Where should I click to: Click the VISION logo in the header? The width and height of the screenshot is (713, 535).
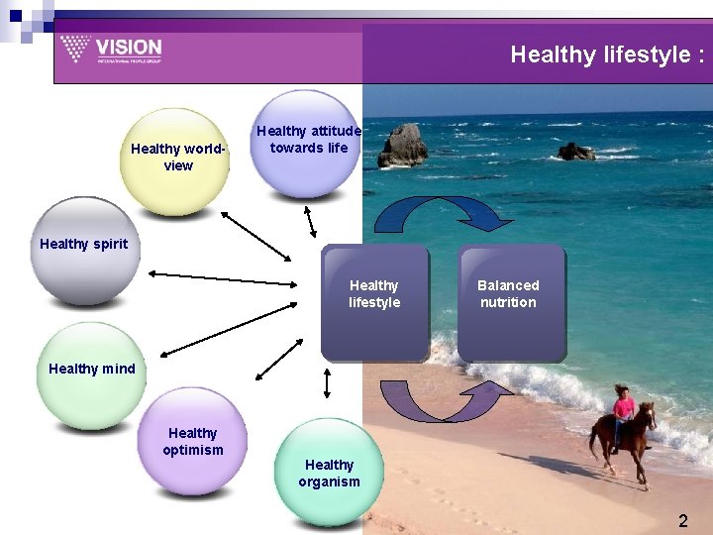coord(110,49)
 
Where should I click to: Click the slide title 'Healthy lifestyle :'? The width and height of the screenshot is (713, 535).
coord(607,54)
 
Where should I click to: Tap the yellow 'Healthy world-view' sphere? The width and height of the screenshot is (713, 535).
coord(175,160)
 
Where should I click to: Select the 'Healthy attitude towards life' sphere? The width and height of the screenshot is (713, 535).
coord(308,144)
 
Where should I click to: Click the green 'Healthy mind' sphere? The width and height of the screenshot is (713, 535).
coord(91,375)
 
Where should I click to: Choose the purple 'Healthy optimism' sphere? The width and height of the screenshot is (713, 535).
coord(194,440)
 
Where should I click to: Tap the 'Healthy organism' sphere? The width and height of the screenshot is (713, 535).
coord(328,473)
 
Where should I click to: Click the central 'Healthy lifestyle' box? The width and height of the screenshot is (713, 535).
coord(374,300)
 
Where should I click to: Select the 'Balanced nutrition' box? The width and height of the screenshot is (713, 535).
coord(509,300)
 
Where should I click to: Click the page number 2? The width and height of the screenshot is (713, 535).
coord(682,520)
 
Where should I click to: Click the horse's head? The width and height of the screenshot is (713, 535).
coord(649,411)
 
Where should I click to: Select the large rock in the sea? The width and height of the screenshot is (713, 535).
coord(402,146)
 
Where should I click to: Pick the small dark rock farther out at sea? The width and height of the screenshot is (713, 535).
coord(575,151)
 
